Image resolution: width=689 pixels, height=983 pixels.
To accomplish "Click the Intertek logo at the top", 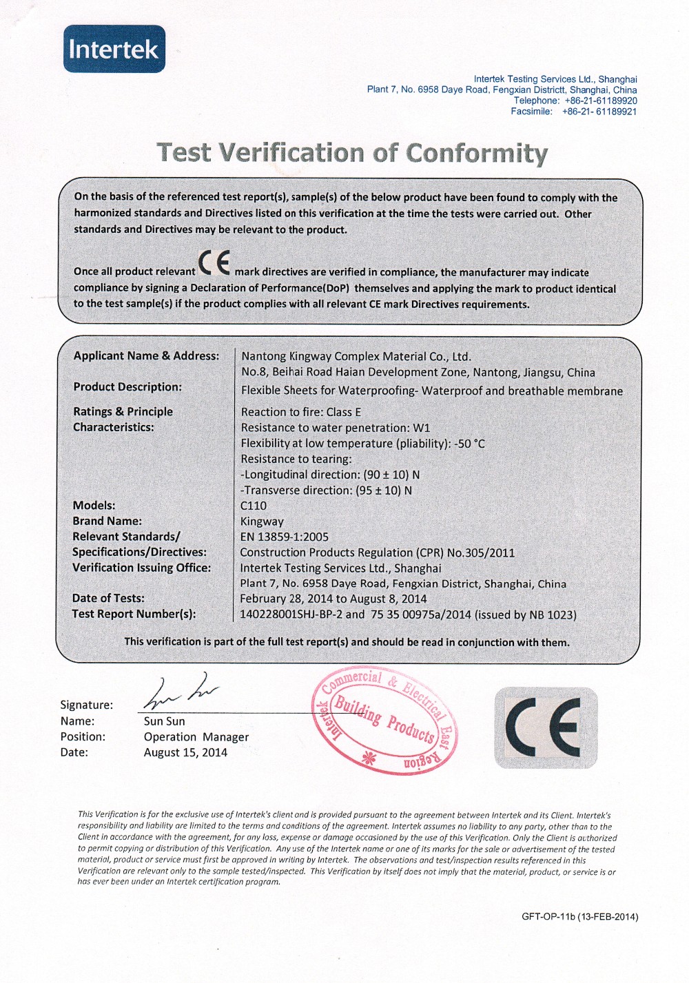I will click(x=114, y=49).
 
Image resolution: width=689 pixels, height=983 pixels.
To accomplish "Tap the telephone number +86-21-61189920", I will click(x=600, y=101).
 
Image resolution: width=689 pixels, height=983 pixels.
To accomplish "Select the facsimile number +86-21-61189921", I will click(x=599, y=112).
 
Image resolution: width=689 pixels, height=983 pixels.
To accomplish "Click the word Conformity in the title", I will click(x=477, y=153).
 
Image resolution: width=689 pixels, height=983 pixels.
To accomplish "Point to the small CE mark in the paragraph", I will click(x=214, y=262).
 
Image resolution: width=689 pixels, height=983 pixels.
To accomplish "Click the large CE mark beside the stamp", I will click(x=545, y=727).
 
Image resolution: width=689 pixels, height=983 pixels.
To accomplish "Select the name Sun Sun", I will click(x=164, y=721).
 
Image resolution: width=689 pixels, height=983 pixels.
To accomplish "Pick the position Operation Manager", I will click(x=196, y=737).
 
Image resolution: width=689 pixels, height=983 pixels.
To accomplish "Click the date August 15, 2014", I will click(x=185, y=753).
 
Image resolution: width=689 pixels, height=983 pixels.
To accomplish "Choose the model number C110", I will click(x=254, y=506).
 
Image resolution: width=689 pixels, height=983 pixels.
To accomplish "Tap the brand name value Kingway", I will click(x=262, y=521).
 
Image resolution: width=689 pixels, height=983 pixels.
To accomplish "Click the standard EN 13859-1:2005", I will click(x=285, y=537).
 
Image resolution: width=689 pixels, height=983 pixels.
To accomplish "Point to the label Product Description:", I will click(x=127, y=387).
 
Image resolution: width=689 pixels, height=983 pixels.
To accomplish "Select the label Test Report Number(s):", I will click(x=134, y=614).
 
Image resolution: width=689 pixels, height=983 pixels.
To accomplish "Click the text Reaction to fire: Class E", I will click(x=301, y=412).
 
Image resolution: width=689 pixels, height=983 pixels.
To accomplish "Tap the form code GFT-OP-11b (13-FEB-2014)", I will click(x=579, y=917).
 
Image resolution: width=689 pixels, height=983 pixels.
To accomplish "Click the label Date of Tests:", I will click(x=108, y=598).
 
